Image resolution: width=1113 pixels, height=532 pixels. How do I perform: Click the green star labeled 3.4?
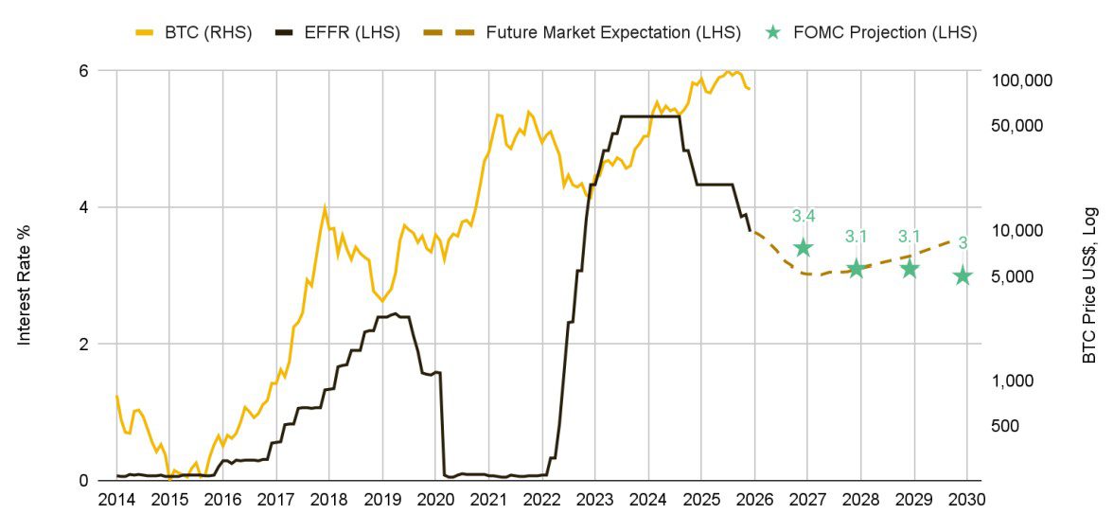click(804, 248)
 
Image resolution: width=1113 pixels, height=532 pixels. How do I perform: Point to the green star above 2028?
click(857, 269)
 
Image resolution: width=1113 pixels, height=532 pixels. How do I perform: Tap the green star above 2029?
click(910, 269)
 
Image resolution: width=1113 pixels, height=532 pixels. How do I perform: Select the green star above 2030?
click(963, 275)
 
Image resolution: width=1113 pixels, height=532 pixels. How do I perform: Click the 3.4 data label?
click(804, 217)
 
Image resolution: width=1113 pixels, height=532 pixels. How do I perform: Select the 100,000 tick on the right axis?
click(1026, 80)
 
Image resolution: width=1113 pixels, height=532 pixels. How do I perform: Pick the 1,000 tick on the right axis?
click(1019, 381)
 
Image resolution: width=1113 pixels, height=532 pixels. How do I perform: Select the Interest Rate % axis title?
click(25, 284)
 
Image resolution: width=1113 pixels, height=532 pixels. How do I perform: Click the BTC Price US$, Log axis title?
click(1089, 284)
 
